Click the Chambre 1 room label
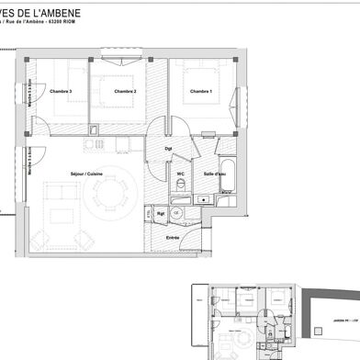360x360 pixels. click(201, 92)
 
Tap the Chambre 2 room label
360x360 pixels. click(125, 92)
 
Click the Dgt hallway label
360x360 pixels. click(168, 147)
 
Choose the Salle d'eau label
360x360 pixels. click(215, 174)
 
